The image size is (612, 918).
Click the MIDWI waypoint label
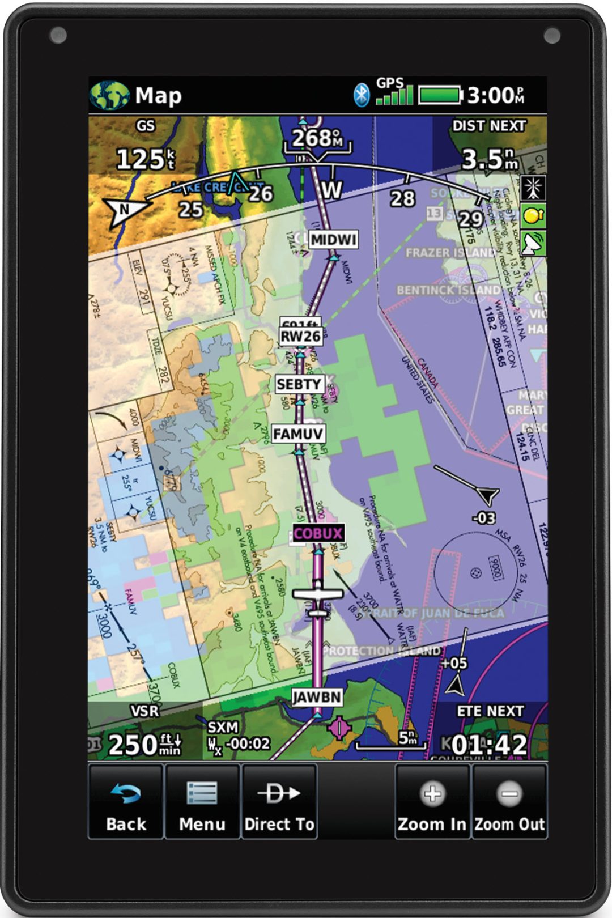pos(334,240)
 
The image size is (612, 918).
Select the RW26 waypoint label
pos(301,337)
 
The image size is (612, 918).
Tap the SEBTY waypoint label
pos(299,384)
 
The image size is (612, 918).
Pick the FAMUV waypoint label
pos(298,434)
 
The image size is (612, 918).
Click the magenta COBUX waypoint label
pos(318,533)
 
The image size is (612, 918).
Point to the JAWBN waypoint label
pos(317,697)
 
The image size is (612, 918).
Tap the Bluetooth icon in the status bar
pos(361,95)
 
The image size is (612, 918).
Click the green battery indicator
pos(440,95)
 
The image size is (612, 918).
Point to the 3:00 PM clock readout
pos(495,95)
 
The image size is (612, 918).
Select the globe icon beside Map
pos(109,95)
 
